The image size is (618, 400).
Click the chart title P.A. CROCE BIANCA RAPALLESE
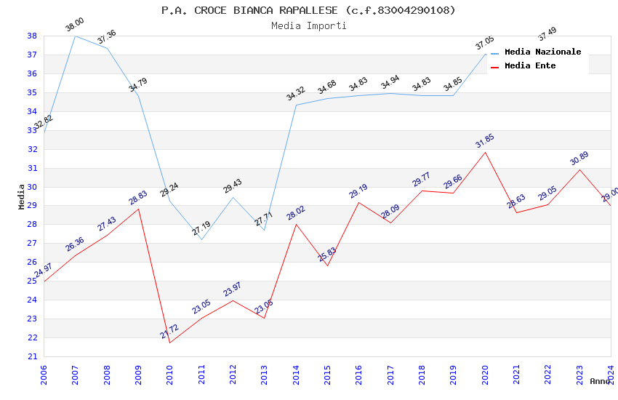pyautogui.click(x=308, y=10)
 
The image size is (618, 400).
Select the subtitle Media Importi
pyautogui.click(x=308, y=25)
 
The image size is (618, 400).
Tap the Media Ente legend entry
pyautogui.click(x=530, y=65)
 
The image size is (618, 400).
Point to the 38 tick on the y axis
pyautogui.click(x=32, y=36)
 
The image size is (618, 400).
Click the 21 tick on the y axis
pyautogui.click(x=32, y=356)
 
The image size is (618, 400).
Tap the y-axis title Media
pyautogui.click(x=21, y=196)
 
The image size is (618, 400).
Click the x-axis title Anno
pyautogui.click(x=600, y=381)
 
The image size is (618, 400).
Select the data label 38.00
pyautogui.click(x=74, y=25)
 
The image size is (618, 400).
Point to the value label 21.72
pyautogui.click(x=169, y=332)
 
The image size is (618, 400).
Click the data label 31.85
pyautogui.click(x=484, y=140)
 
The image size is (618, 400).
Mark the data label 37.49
pyautogui.click(x=547, y=33)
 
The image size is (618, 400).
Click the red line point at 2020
pyautogui.click(x=485, y=151)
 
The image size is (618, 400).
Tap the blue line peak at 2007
pyautogui.click(x=75, y=36)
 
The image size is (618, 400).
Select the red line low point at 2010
pyautogui.click(x=169, y=343)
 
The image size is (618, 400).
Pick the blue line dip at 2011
pyautogui.click(x=201, y=239)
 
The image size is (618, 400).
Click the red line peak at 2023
pyautogui.click(x=579, y=169)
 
